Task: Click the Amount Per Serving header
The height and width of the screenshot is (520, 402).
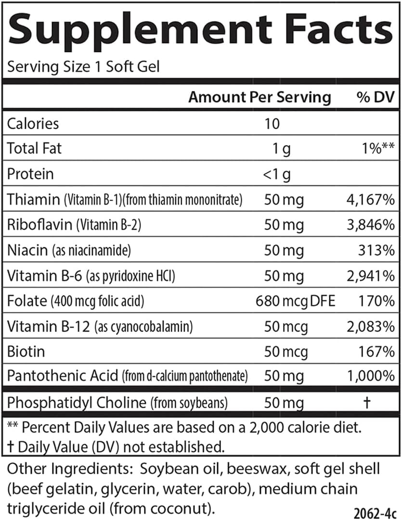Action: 259,97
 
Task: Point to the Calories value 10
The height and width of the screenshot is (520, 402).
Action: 272,124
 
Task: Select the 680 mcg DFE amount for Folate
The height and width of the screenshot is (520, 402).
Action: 295,301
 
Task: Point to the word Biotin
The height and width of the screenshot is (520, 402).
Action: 26,351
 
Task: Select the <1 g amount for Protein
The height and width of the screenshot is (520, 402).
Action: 277,174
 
